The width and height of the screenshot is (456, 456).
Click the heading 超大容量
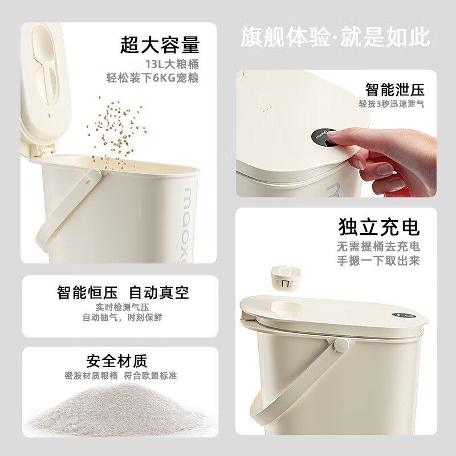pos(160,44)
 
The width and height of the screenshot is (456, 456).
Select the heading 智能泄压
pos(395,90)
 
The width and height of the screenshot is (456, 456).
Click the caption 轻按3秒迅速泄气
pos(392,104)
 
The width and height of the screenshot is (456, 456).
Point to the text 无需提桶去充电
pos(386,247)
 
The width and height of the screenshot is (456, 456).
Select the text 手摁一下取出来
pos(386,261)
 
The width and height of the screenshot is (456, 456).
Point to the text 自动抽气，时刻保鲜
pos(122,317)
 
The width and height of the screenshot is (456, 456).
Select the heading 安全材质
pos(116,361)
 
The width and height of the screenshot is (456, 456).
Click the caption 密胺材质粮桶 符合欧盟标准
pos(121,376)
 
